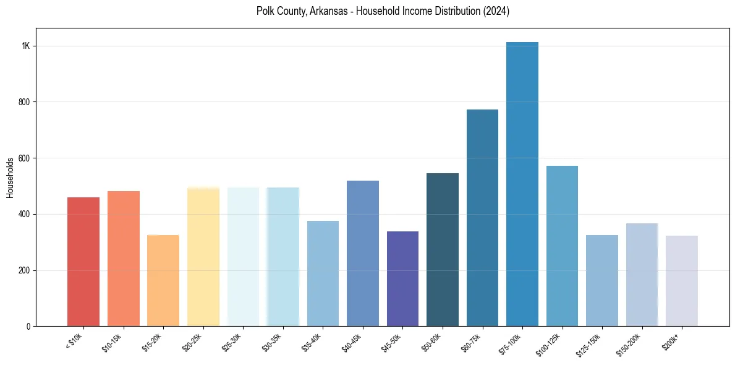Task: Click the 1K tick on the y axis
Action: pos(26,46)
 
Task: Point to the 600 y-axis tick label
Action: pos(25,158)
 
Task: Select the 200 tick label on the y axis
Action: pos(25,270)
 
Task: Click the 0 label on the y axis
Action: pos(28,327)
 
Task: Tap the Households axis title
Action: pos(11,178)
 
